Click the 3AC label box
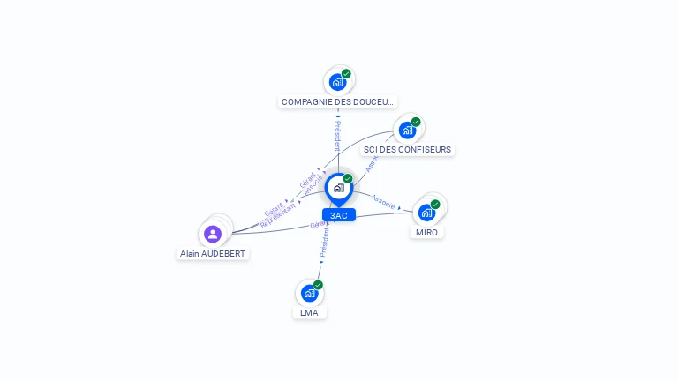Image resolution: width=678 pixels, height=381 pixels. pos(338,215)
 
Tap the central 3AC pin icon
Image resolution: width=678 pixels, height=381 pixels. pos(338,188)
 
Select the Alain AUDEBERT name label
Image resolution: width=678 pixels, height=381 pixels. pos(213,253)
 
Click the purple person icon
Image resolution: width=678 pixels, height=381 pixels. pos(213,234)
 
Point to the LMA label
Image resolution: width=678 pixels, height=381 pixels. pos(309,312)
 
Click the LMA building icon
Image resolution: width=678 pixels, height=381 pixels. pos(309,293)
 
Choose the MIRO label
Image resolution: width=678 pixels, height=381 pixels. pos(427,232)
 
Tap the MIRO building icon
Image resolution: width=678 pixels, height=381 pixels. pos(426,213)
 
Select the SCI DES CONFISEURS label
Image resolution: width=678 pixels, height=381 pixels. pos(407,150)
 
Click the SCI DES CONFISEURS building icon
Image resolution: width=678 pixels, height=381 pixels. pos(406,131)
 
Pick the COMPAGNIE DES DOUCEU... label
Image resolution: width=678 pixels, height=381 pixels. pos(337,102)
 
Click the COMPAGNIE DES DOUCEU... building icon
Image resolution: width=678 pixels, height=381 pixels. pos(336,82)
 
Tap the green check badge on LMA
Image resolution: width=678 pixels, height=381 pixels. pos(319,285)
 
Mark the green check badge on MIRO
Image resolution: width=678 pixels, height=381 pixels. pos(435,205)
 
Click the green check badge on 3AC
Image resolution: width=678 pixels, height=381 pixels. pos(348,179)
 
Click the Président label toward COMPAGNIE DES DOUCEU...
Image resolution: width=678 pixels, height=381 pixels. pos(337,136)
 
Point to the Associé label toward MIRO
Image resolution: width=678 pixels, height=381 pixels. pos(383,201)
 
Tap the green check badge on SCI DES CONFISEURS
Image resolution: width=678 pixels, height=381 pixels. pos(416,123)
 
